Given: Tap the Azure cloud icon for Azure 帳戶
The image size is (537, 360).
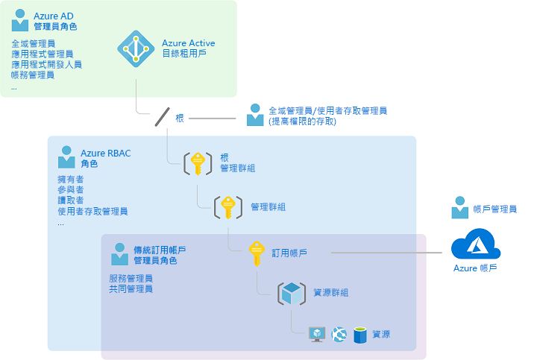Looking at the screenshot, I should [x=475, y=244].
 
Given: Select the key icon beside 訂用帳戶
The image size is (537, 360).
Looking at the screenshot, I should [x=256, y=253].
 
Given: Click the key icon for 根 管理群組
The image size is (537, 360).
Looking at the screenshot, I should [x=197, y=162].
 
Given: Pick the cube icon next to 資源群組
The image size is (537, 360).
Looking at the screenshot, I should [x=292, y=293].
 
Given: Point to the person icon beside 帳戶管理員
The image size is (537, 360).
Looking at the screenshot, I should [x=460, y=209].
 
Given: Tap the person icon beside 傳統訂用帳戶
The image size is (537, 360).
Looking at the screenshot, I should [x=119, y=254].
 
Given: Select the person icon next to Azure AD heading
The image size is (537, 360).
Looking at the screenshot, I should [x=21, y=20].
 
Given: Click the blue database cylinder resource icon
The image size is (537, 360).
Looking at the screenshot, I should [x=360, y=335].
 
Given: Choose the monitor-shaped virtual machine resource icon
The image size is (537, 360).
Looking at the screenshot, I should [x=318, y=335].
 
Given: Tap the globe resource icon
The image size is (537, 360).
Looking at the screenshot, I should [x=339, y=335].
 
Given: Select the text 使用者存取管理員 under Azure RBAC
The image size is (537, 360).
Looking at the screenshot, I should [x=92, y=212].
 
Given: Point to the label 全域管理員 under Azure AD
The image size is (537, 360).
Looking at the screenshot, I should [x=33, y=44].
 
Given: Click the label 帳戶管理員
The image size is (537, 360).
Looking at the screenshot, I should [x=495, y=209].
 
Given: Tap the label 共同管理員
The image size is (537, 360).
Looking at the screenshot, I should [x=131, y=288].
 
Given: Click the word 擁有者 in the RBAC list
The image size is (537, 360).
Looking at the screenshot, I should [x=70, y=180].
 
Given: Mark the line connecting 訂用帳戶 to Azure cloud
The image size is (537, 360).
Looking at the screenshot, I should [x=388, y=253].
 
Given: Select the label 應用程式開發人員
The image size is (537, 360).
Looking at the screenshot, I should [x=46, y=65].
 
